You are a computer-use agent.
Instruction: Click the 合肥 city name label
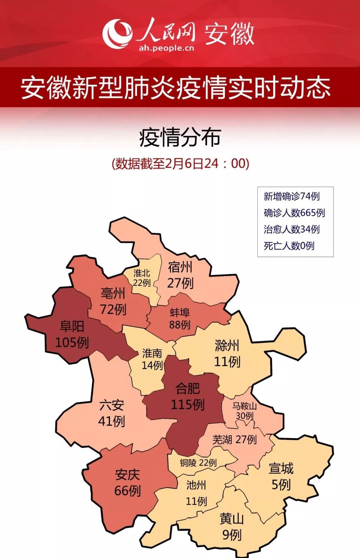[188, 388]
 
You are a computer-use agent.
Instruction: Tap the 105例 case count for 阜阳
[72, 342]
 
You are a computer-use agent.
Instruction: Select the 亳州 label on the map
[113, 294]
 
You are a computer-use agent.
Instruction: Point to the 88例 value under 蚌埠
[180, 325]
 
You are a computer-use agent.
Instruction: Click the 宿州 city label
[180, 267]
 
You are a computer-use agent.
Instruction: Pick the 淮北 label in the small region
[142, 273]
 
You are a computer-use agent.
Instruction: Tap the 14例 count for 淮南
[152, 365]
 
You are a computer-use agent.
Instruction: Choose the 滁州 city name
[227, 346]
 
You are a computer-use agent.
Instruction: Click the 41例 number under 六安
[111, 421]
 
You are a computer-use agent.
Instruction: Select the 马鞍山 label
[244, 406]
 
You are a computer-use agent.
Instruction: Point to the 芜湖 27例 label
[235, 440]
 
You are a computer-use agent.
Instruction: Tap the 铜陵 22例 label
[198, 463]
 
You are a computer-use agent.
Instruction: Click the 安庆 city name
[127, 475]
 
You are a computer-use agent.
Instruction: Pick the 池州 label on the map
[196, 485]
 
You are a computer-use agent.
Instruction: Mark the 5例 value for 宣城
[281, 485]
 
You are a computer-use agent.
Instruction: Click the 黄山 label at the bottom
[231, 519]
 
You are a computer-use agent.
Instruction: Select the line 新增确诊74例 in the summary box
[292, 196]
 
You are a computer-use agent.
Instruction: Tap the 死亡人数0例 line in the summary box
[289, 246]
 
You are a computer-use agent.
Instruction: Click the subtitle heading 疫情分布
[180, 137]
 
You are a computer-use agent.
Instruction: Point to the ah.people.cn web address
[166, 48]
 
